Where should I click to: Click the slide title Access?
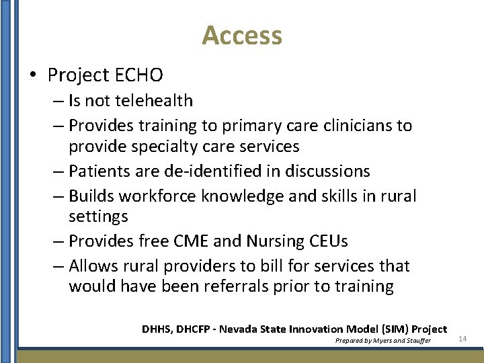coord(242,35)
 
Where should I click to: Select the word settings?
coord(98,216)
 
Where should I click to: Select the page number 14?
coord(462,338)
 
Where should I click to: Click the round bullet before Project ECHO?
coord(34,75)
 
